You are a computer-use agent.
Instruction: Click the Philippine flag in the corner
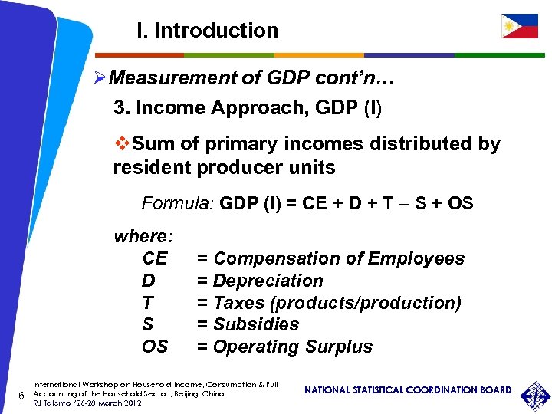tap(520, 26)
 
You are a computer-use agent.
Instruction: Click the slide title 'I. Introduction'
tap(207, 31)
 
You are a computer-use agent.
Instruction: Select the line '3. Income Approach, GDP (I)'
tap(247, 107)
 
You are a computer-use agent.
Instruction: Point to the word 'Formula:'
tap(177, 204)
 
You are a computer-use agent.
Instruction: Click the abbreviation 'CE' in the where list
tap(155, 258)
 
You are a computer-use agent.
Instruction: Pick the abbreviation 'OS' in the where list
tap(155, 347)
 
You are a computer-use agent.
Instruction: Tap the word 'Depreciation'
tap(268, 281)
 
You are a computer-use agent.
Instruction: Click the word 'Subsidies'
tap(255, 324)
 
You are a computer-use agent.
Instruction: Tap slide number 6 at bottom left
tap(21, 395)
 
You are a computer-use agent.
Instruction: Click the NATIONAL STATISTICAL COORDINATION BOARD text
tap(408, 390)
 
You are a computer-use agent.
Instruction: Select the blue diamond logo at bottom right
tap(535, 394)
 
